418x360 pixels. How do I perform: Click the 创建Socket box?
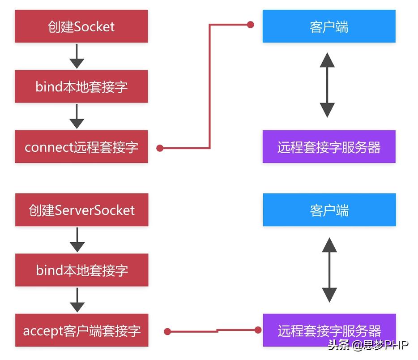pyautogui.click(x=81, y=26)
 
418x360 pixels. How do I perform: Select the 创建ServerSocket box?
pyautogui.click(x=81, y=210)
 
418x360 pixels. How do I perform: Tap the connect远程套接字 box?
pyautogui.click(x=81, y=147)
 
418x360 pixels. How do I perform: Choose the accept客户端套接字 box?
pyautogui.click(x=81, y=330)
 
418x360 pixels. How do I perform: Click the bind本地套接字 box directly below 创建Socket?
pyautogui.click(x=81, y=86)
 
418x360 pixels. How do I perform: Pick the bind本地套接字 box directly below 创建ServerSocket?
pyautogui.click(x=81, y=270)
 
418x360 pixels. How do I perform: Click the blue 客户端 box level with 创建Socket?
pyautogui.click(x=329, y=26)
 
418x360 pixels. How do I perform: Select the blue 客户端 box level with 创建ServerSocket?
pyautogui.click(x=329, y=210)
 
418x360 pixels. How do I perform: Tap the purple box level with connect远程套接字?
pyautogui.click(x=329, y=147)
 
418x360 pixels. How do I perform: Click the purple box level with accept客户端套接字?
pyautogui.click(x=329, y=330)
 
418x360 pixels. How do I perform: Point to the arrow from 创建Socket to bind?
pyautogui.click(x=77, y=56)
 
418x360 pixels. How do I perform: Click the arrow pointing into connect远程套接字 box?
pyautogui.click(x=77, y=117)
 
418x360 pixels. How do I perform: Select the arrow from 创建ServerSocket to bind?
pyautogui.click(x=77, y=240)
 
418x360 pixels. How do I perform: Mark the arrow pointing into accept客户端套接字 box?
pyautogui.click(x=77, y=300)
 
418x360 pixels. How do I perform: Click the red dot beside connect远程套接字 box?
pyautogui.click(x=160, y=148)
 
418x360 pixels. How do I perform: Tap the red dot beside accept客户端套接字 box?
pyautogui.click(x=167, y=332)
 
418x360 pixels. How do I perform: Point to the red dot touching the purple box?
pyautogui.click(x=258, y=330)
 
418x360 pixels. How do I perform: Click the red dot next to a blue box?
pyautogui.click(x=251, y=25)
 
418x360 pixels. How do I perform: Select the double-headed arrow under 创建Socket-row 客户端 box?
pyautogui.click(x=327, y=85)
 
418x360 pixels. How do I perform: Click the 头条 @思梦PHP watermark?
pyautogui.click(x=368, y=346)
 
